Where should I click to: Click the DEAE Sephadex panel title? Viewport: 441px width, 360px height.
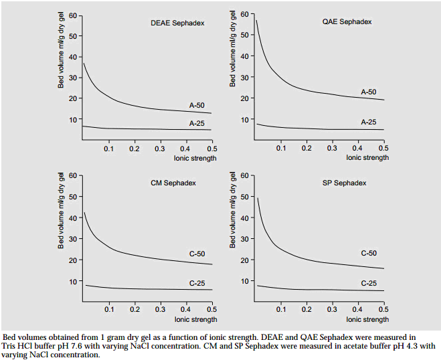(177, 23)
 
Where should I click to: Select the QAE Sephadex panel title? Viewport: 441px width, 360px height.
(347, 22)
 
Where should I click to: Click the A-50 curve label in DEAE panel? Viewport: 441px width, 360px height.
(197, 106)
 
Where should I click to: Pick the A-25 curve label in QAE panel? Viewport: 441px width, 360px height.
(369, 122)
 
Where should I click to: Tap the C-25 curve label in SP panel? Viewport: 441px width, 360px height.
(369, 283)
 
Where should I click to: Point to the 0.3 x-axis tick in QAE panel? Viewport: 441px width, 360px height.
(332, 148)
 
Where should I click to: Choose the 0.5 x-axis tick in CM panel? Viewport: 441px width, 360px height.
(211, 310)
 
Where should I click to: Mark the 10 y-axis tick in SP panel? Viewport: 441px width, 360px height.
(244, 281)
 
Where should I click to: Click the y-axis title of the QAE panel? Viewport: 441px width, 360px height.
(233, 51)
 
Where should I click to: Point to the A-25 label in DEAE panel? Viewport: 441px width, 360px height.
(197, 123)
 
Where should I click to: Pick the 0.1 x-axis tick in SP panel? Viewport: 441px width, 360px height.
(281, 310)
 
